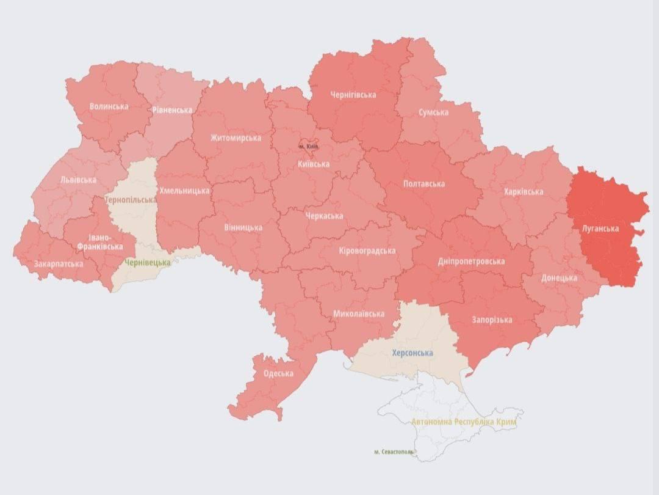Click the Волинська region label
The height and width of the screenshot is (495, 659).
(x=109, y=106)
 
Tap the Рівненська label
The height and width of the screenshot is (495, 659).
(x=173, y=110)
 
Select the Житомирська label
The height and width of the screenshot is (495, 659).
(x=236, y=137)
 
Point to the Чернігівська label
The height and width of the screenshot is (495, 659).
(x=353, y=95)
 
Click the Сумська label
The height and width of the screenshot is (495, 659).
(x=433, y=112)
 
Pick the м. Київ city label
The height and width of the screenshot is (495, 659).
(x=308, y=147)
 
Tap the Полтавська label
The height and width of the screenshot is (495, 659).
(x=424, y=183)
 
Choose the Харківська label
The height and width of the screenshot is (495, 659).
(x=523, y=192)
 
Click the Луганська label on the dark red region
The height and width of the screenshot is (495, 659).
(x=600, y=229)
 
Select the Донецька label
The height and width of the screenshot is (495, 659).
(x=559, y=278)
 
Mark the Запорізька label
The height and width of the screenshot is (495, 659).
(x=492, y=320)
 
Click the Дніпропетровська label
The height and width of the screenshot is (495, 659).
(x=471, y=262)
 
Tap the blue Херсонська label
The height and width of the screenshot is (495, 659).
(x=412, y=353)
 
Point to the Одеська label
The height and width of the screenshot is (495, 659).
(x=278, y=373)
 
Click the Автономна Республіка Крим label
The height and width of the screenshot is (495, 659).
(x=464, y=422)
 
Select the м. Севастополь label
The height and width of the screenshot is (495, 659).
(x=394, y=452)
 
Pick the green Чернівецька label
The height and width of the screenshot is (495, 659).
(x=148, y=262)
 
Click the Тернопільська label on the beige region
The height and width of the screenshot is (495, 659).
(x=131, y=200)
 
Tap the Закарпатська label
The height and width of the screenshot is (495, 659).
(x=59, y=264)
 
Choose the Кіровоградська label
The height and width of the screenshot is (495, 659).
(x=367, y=251)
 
